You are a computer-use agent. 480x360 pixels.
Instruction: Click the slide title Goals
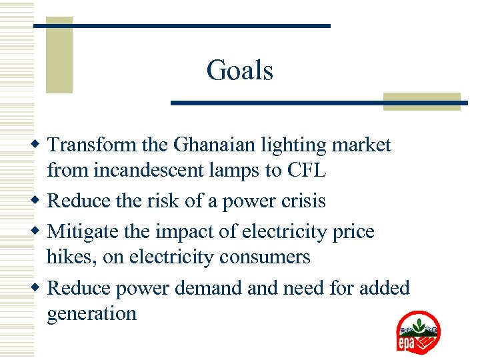click(x=240, y=70)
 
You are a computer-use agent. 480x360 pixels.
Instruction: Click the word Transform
click(x=93, y=145)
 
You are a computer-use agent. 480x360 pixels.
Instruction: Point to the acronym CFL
click(x=306, y=171)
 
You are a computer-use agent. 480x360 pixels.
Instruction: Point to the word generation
click(x=92, y=313)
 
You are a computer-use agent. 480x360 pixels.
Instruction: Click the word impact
click(x=185, y=231)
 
